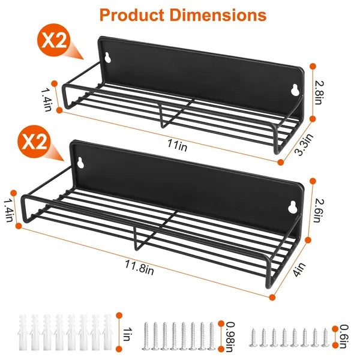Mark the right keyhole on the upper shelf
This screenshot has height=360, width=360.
tap(295, 90)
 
